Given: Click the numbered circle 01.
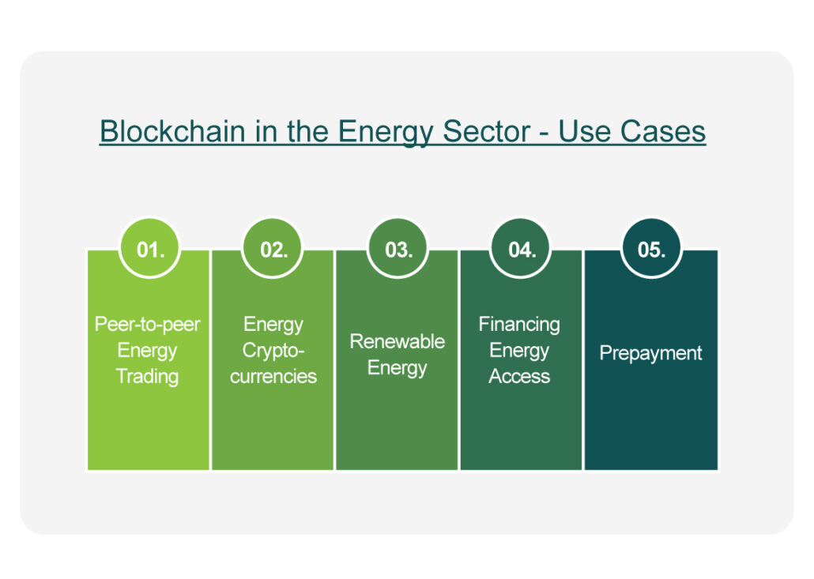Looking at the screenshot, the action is point(150,249).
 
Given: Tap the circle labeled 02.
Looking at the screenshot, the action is point(273,249).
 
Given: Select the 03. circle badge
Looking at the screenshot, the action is point(398,249).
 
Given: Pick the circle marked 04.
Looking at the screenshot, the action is point(522,249).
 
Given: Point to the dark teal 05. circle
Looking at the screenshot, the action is point(651,249).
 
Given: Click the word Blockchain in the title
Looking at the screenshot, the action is point(172,131).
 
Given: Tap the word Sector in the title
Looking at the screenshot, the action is point(487,131).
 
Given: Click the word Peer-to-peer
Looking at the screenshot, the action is point(148,325).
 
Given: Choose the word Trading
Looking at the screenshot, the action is point(148,377).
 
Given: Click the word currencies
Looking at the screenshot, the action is point(273,377).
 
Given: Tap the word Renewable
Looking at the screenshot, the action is point(398,341).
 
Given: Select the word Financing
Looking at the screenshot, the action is point(519,325).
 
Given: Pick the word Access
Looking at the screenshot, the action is point(519,377).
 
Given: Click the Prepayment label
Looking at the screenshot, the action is point(651,353).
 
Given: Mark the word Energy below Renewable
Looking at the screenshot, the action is point(398,368).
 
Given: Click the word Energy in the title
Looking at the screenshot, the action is point(386,132).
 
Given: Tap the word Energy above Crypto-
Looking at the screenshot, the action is point(273,325).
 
